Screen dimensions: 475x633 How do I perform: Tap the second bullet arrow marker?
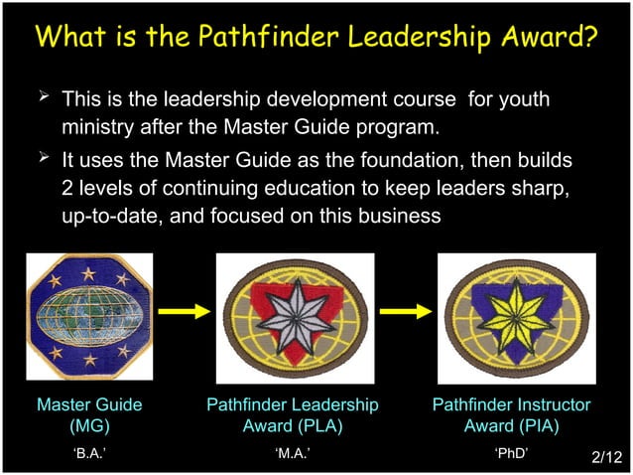43,157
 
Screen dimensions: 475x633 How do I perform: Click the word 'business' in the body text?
395,216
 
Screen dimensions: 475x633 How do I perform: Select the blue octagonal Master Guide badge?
89,316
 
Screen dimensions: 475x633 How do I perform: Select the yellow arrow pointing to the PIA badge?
404,311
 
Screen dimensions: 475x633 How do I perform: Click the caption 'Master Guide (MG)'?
89,415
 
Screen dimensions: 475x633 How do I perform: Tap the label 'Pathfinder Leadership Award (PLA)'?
293,415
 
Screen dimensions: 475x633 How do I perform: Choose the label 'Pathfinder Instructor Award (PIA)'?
511,415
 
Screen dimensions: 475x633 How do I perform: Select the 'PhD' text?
511,453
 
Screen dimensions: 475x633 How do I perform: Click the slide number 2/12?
605,457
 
